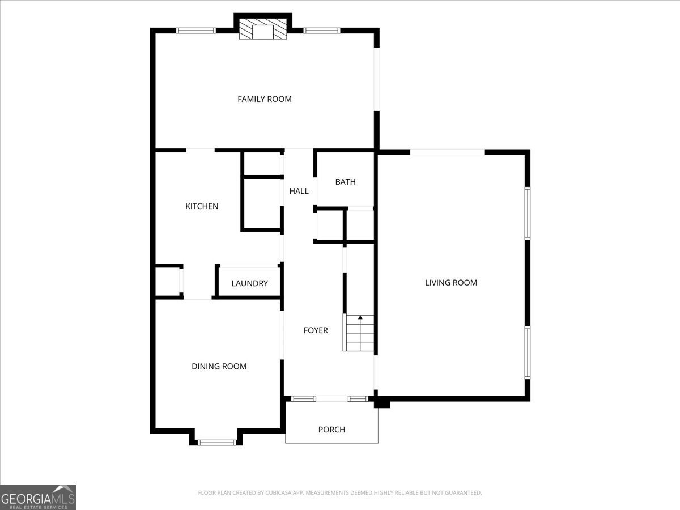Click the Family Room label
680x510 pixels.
point(264,99)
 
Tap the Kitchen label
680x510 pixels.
point(202,206)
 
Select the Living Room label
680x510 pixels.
point(451,283)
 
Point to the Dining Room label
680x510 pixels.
point(219,367)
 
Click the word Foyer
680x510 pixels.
point(316,330)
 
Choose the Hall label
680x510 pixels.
point(299,191)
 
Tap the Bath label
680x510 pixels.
point(345,182)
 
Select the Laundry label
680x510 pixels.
point(249,283)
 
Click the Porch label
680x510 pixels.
point(331,430)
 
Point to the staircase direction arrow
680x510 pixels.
point(360,318)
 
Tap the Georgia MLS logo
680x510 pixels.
point(38,497)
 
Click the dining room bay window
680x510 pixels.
point(216,442)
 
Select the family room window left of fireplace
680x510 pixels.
point(196,31)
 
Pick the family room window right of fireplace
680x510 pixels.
point(321,31)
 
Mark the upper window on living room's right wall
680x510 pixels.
point(527,213)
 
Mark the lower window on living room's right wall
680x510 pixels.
point(527,352)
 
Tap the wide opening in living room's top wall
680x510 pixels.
point(448,152)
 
